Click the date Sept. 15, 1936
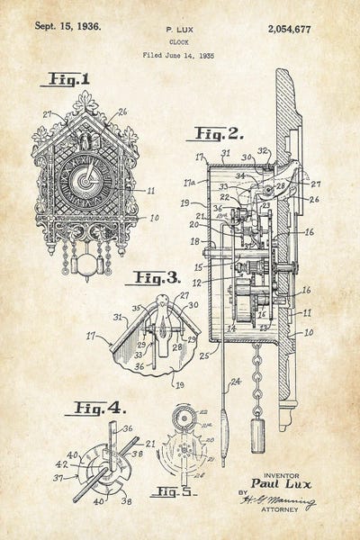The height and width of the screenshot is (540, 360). coord(67,26)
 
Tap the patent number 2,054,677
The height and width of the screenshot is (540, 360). coord(290,29)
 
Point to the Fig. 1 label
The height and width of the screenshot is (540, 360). coord(65,80)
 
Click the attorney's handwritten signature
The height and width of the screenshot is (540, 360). coord(286,501)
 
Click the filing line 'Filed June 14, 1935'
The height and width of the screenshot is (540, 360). coord(180,56)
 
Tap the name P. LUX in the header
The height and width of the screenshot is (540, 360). coord(180,30)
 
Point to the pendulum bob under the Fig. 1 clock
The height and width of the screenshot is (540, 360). coord(86,265)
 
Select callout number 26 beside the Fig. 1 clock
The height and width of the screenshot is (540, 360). coord(122,112)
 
